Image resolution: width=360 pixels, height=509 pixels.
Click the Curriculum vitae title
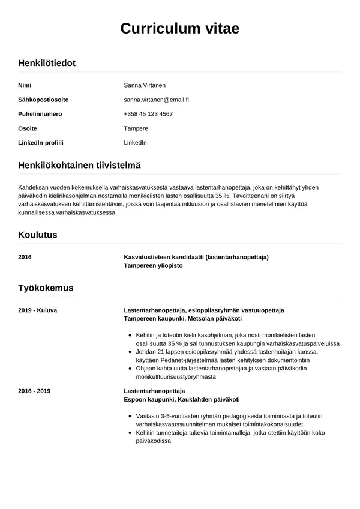[x=180, y=29]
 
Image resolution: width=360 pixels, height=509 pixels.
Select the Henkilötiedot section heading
[x=47, y=62]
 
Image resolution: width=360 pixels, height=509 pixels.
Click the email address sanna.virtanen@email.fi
[x=156, y=100]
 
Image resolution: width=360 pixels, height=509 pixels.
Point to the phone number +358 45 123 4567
[x=148, y=114]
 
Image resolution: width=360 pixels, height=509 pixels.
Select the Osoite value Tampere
[x=136, y=128]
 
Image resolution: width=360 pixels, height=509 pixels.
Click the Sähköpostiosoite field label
[x=43, y=100]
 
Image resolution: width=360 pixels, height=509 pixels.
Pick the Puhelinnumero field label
[x=40, y=114]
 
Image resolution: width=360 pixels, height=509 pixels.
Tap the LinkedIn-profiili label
[x=41, y=143]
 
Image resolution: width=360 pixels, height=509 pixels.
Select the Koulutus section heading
[x=38, y=235]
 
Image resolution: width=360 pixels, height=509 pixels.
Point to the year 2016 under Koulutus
[x=25, y=257]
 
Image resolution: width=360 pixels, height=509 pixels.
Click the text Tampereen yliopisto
[x=153, y=265]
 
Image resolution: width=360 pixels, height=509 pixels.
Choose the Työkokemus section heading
[x=46, y=288]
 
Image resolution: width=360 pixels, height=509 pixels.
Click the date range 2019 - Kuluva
[x=38, y=310]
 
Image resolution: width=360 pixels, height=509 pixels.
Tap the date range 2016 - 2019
[x=34, y=391]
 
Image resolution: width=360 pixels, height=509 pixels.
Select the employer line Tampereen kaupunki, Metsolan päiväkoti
[x=182, y=318]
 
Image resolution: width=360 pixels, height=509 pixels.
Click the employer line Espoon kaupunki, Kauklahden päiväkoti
[x=181, y=399]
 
